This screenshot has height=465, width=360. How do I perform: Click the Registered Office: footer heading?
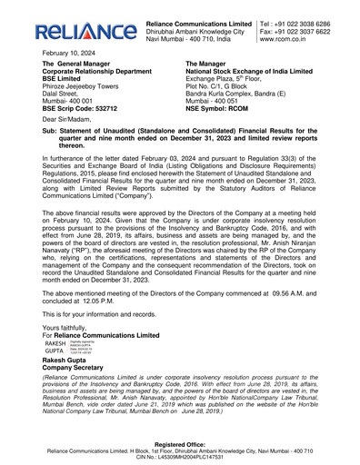tap(179, 443)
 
